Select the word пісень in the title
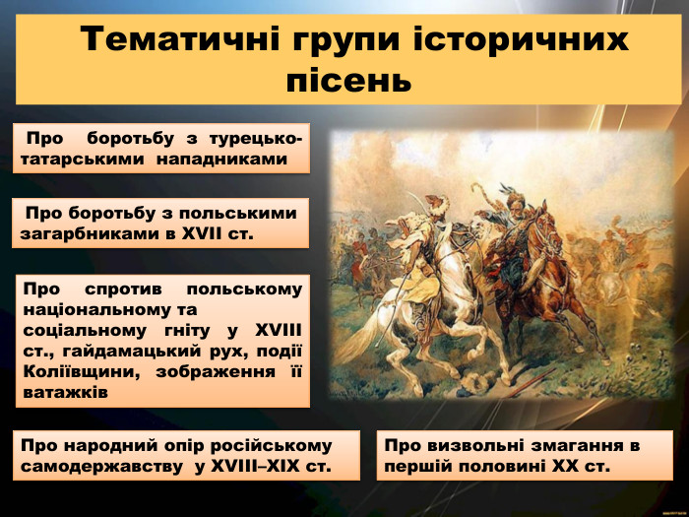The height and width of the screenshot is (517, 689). (x=346, y=78)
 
